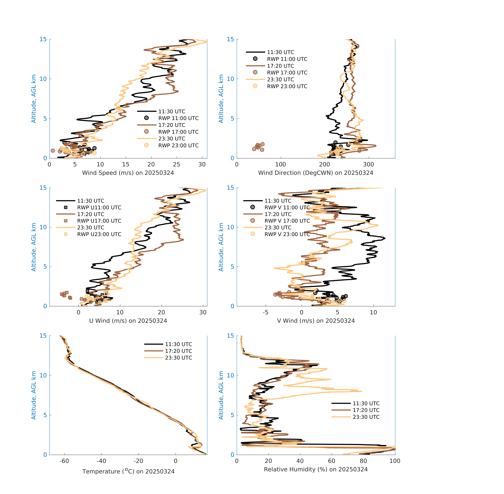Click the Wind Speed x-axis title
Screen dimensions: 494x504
point(128,173)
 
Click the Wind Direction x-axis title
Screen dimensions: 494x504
point(316,173)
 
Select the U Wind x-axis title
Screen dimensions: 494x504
point(128,321)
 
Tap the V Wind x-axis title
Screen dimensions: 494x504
point(316,321)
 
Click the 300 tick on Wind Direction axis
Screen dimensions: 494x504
point(369,165)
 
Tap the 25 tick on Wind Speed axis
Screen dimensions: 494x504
point(176,165)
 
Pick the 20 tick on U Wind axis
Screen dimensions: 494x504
point(161,312)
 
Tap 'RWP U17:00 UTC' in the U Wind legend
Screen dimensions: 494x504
point(99,221)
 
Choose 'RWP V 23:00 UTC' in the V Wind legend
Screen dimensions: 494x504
point(287,234)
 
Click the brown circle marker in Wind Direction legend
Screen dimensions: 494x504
point(255,72)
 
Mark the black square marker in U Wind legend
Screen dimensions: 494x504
point(66,207)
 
